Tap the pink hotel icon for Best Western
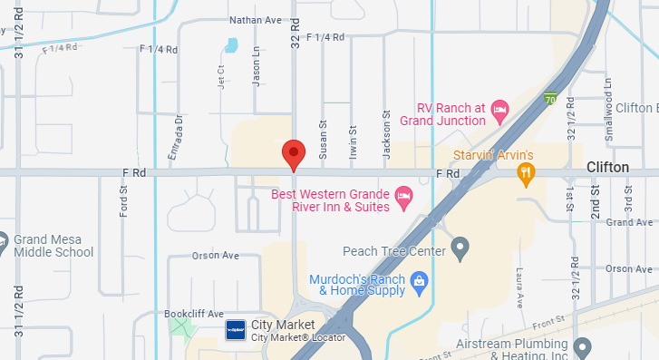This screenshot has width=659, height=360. click(x=404, y=194)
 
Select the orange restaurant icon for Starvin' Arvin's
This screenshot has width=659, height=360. click(x=526, y=172)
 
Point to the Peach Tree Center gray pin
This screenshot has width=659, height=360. click(x=460, y=246)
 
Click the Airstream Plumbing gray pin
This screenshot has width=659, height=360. click(x=583, y=345)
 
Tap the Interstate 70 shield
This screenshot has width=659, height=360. click(x=550, y=98)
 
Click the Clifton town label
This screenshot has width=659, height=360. click(x=607, y=167)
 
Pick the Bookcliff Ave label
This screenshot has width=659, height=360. click(x=194, y=314)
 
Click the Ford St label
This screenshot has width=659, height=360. click(x=123, y=199)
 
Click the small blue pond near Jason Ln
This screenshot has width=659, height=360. click(x=232, y=44)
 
